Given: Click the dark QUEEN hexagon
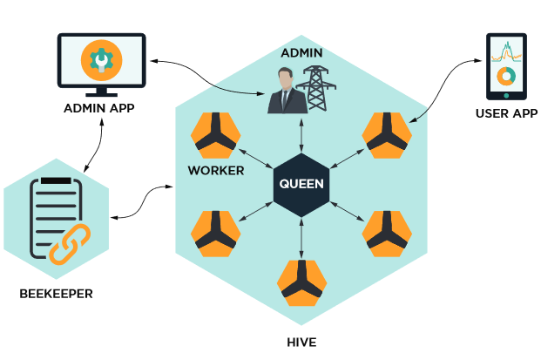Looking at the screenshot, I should point(301,184).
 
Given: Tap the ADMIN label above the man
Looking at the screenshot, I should point(301,52).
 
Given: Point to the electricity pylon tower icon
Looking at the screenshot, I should point(315,90).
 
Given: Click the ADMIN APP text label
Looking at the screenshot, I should point(98,108).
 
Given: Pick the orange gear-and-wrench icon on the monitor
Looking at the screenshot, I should point(99,59).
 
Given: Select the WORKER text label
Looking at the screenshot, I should point(216,170).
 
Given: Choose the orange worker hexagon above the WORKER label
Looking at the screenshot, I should point(215,136).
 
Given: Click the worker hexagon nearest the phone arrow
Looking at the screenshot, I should point(388,136).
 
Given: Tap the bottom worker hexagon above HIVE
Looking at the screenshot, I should point(301,283).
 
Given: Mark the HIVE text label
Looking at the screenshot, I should point(301,342).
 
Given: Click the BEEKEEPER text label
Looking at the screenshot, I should point(56,293).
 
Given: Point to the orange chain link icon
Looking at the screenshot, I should point(69,243).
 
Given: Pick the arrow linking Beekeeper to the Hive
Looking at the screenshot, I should point(142,201).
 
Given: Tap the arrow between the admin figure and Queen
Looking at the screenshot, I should point(301,135).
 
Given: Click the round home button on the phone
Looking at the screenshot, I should point(505,95).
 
